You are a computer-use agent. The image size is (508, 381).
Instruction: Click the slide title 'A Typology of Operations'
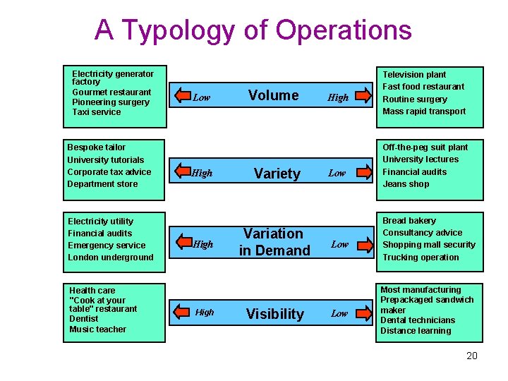click(x=253, y=30)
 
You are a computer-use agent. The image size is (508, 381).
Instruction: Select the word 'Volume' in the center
click(x=274, y=95)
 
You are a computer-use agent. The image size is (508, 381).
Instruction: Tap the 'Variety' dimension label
click(x=277, y=174)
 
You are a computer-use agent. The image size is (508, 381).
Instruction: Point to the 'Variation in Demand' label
click(x=274, y=242)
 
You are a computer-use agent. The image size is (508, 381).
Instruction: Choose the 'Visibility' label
click(x=274, y=314)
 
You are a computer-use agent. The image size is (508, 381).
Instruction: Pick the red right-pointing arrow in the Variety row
click(x=364, y=171)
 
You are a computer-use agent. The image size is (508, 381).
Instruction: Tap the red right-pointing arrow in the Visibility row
click(x=364, y=312)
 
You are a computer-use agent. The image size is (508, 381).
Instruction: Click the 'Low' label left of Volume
click(x=202, y=97)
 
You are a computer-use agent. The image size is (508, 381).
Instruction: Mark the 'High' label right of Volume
click(x=338, y=97)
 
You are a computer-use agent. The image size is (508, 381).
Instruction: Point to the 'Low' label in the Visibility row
click(x=339, y=313)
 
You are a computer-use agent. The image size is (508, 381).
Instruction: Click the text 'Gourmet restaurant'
click(x=111, y=92)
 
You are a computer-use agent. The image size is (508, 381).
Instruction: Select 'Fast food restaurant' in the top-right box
click(x=423, y=87)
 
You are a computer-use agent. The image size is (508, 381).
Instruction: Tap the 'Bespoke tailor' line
click(x=96, y=147)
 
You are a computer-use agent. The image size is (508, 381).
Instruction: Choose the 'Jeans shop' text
click(x=406, y=184)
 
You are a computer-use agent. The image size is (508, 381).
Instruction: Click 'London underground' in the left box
click(x=110, y=258)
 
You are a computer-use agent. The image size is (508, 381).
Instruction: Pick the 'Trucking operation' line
click(x=421, y=258)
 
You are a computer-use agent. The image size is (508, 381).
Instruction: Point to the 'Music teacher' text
click(x=97, y=329)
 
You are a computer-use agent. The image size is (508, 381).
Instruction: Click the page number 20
click(x=472, y=356)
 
